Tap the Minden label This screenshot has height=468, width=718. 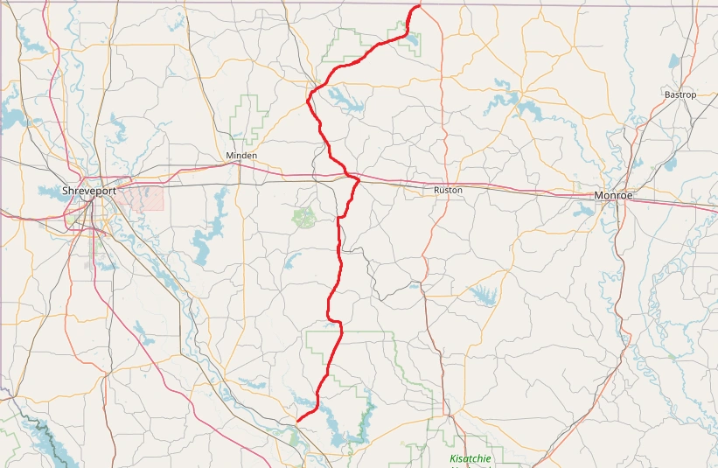point(241,156)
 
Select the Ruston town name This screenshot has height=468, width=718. point(448,190)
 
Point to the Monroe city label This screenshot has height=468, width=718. point(613,195)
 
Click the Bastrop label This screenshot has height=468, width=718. point(680,94)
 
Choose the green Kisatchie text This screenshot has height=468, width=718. point(471,458)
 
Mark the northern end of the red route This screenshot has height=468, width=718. point(419,6)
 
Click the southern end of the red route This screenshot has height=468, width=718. point(298,421)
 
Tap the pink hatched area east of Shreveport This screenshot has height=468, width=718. point(139,197)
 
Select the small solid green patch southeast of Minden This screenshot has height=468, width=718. point(304,218)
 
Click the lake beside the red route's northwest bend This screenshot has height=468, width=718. point(348,103)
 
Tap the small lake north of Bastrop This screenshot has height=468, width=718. point(673,62)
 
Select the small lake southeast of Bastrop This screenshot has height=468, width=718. point(672,163)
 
